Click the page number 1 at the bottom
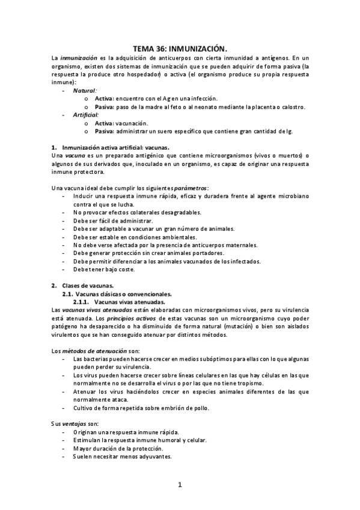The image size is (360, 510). (x=179, y=485)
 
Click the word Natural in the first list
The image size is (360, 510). (x=85, y=90)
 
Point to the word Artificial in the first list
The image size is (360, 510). (x=86, y=114)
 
